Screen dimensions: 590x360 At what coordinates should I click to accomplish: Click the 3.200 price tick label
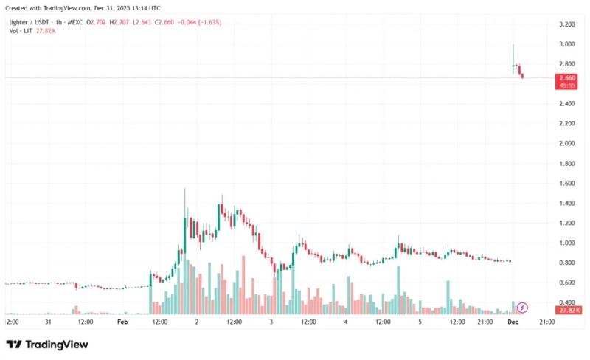pos(567,24)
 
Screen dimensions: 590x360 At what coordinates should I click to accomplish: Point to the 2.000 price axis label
pos(567,143)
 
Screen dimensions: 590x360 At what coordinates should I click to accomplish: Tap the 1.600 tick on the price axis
pos(567,184)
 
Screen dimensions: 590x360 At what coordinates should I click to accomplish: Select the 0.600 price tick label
pos(567,283)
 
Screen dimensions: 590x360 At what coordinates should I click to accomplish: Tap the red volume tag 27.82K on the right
pos(569,311)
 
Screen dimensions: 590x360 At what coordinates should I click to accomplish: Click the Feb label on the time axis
pos(122,322)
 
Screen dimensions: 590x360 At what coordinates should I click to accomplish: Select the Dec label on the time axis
pos(513,322)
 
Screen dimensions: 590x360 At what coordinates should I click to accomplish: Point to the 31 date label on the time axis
pos(48,322)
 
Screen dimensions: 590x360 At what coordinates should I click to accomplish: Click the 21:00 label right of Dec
pos(547,322)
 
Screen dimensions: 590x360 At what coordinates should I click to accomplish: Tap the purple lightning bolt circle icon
pos(522,308)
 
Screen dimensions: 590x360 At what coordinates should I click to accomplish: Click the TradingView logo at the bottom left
pos(47,345)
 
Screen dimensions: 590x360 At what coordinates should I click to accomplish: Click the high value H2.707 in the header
pos(119,22)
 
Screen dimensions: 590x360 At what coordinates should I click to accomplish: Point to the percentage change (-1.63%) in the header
pos(209,22)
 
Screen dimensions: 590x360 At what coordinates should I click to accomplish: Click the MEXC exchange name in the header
pos(75,22)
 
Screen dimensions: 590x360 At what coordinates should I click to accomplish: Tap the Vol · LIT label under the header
pos(21,31)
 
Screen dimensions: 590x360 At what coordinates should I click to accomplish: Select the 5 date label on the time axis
pos(420,322)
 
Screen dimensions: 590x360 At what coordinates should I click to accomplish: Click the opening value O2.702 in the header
pos(96,22)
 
